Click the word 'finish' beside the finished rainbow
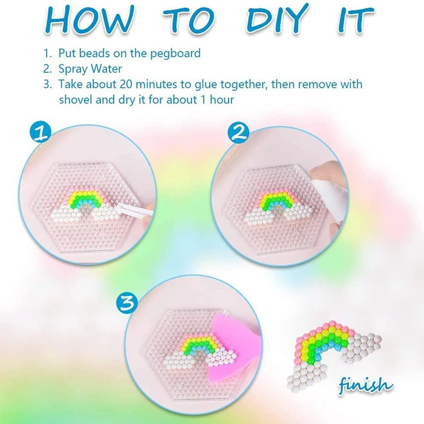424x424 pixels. click(366, 384)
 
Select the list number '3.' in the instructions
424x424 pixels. click(47, 84)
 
